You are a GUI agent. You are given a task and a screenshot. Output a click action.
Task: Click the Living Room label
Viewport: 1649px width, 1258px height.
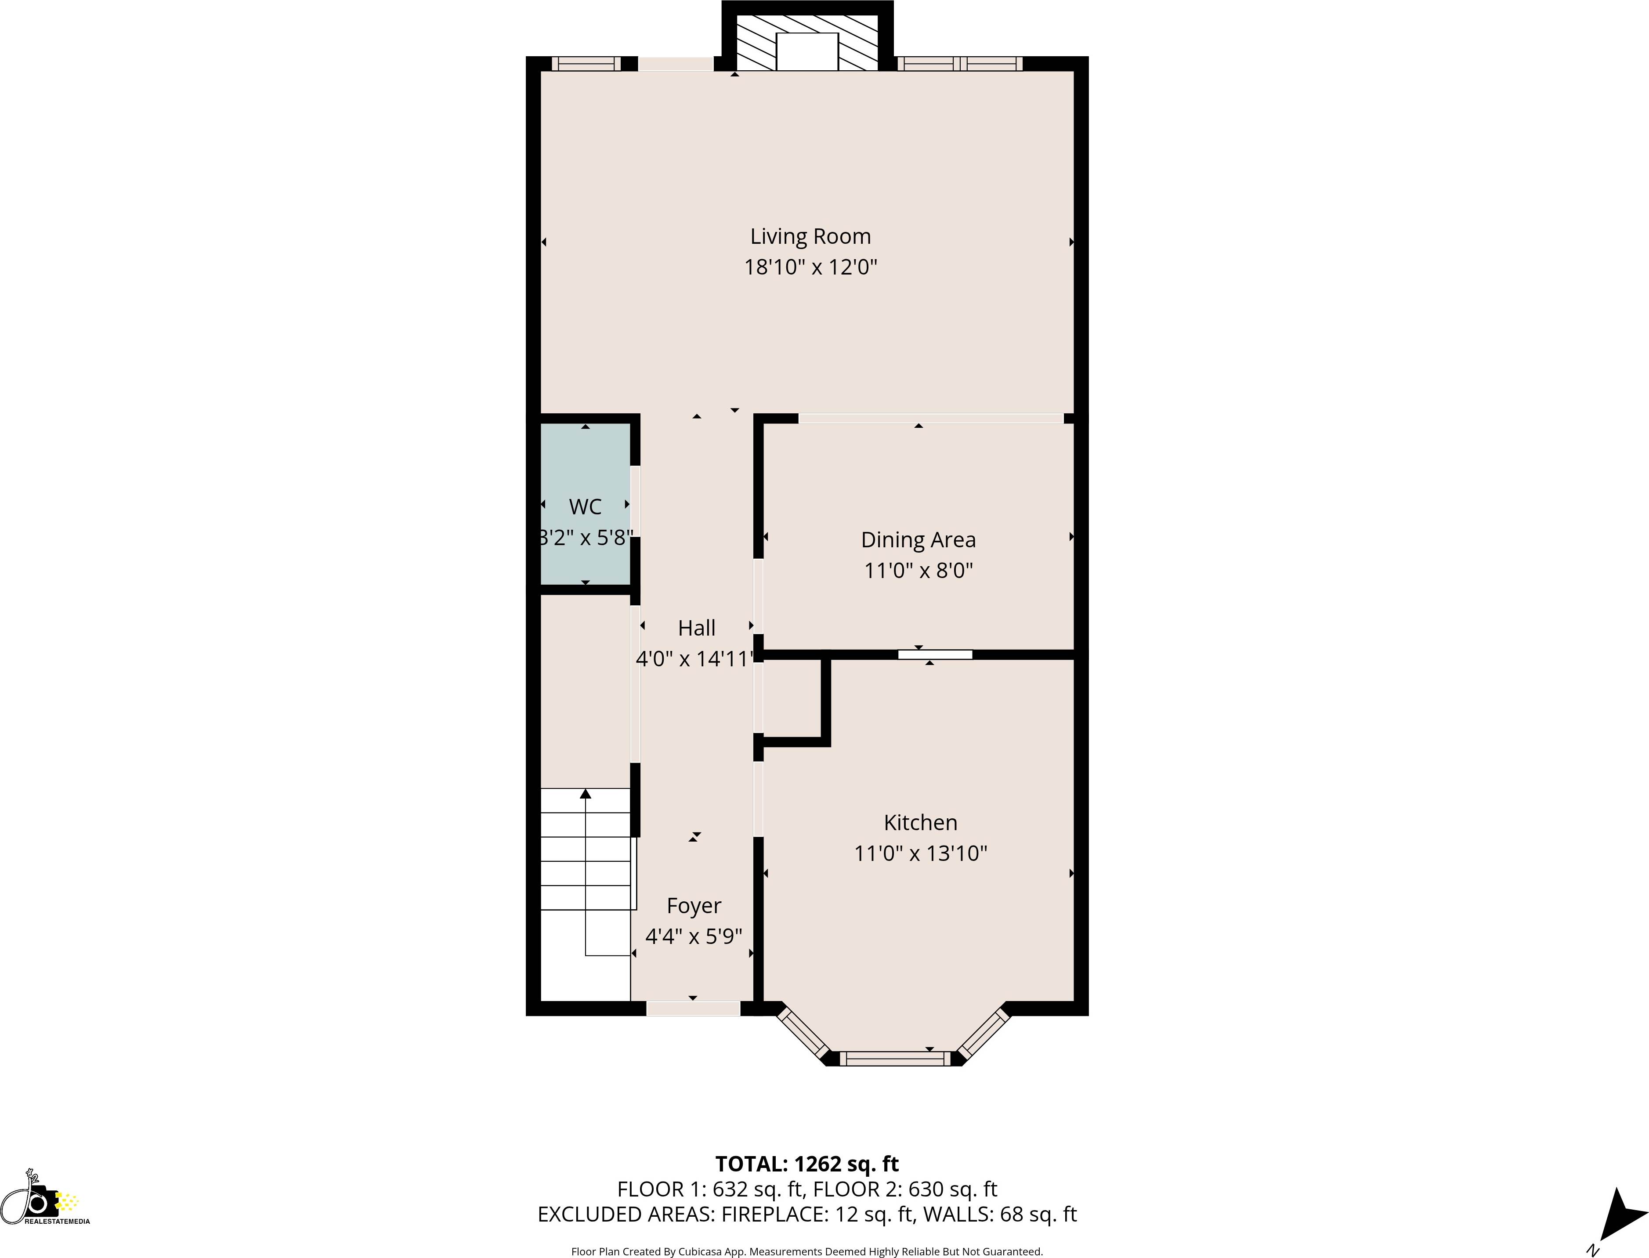pos(810,237)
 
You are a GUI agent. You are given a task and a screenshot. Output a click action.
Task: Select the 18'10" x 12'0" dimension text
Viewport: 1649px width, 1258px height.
pos(810,268)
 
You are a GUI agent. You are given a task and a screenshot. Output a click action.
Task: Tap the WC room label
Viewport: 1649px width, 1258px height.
pos(585,507)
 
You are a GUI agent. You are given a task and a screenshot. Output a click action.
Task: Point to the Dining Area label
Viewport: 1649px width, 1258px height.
pos(918,540)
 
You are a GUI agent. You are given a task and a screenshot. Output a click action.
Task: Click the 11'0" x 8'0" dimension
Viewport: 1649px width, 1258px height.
pos(918,571)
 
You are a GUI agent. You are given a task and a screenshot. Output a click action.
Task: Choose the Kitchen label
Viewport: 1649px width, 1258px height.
pos(920,823)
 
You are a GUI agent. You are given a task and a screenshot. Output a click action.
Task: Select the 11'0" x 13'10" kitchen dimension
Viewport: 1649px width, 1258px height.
pos(920,853)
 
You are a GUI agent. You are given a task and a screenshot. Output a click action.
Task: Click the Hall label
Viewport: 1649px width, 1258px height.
pos(696,628)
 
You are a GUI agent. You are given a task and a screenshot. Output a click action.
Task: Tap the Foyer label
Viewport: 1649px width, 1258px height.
pos(694,906)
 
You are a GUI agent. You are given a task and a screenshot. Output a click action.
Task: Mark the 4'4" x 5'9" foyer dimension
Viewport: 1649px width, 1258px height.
pos(694,937)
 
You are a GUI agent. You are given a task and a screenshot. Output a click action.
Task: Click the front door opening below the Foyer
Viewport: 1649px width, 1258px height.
pos(693,1009)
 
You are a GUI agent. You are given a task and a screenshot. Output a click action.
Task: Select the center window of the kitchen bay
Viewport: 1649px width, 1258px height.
pos(894,1058)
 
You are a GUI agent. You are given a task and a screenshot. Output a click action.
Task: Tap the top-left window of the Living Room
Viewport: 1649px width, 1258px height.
pos(586,64)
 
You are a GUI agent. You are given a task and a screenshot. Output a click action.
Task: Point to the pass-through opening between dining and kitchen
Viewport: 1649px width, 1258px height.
pos(935,654)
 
